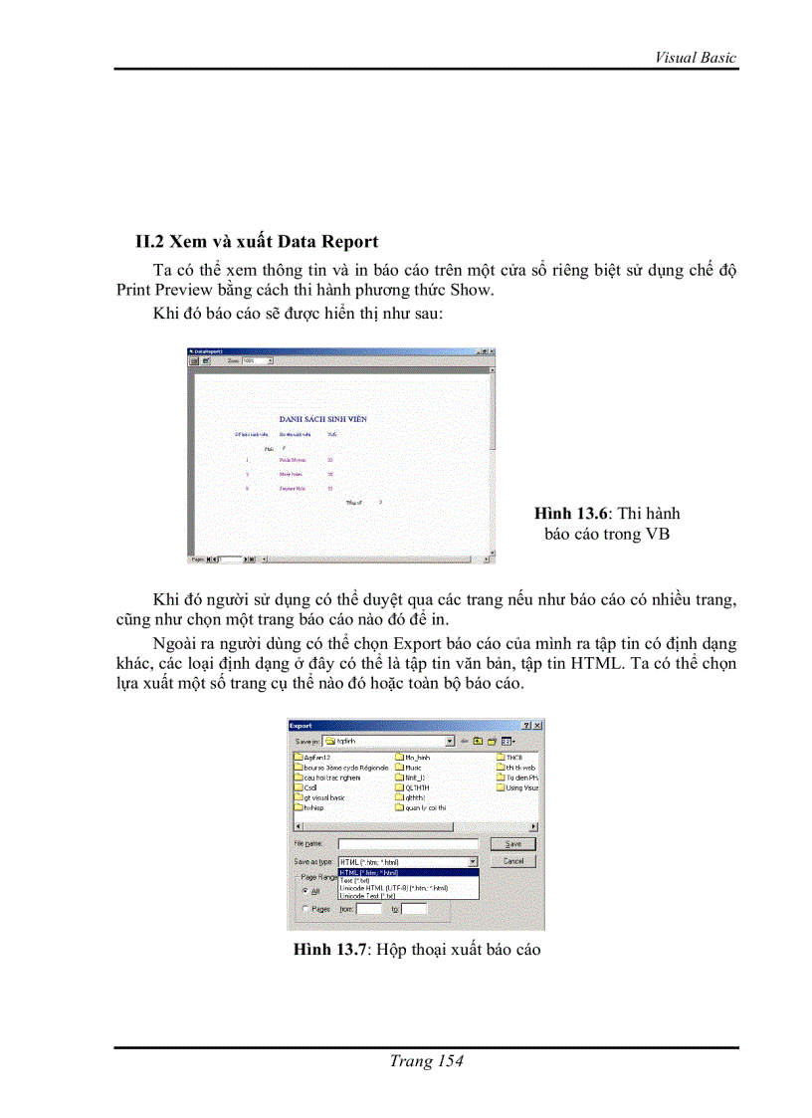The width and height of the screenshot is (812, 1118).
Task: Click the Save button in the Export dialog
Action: (512, 843)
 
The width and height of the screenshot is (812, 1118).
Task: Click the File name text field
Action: (407, 844)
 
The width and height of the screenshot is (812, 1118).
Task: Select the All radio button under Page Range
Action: (304, 891)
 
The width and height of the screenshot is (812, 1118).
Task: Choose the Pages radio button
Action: (304, 909)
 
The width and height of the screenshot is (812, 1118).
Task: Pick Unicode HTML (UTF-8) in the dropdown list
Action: (393, 887)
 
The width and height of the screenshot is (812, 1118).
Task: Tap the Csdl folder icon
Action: (299, 787)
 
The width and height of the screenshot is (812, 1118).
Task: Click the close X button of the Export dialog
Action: (537, 726)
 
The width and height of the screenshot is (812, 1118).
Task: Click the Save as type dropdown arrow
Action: (473, 861)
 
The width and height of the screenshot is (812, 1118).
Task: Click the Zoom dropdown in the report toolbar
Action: (257, 360)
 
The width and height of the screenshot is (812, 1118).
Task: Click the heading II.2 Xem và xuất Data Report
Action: (257, 241)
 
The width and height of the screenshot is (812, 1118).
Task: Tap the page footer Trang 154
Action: (426, 1061)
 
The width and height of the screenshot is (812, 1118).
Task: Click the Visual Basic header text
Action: (695, 57)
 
